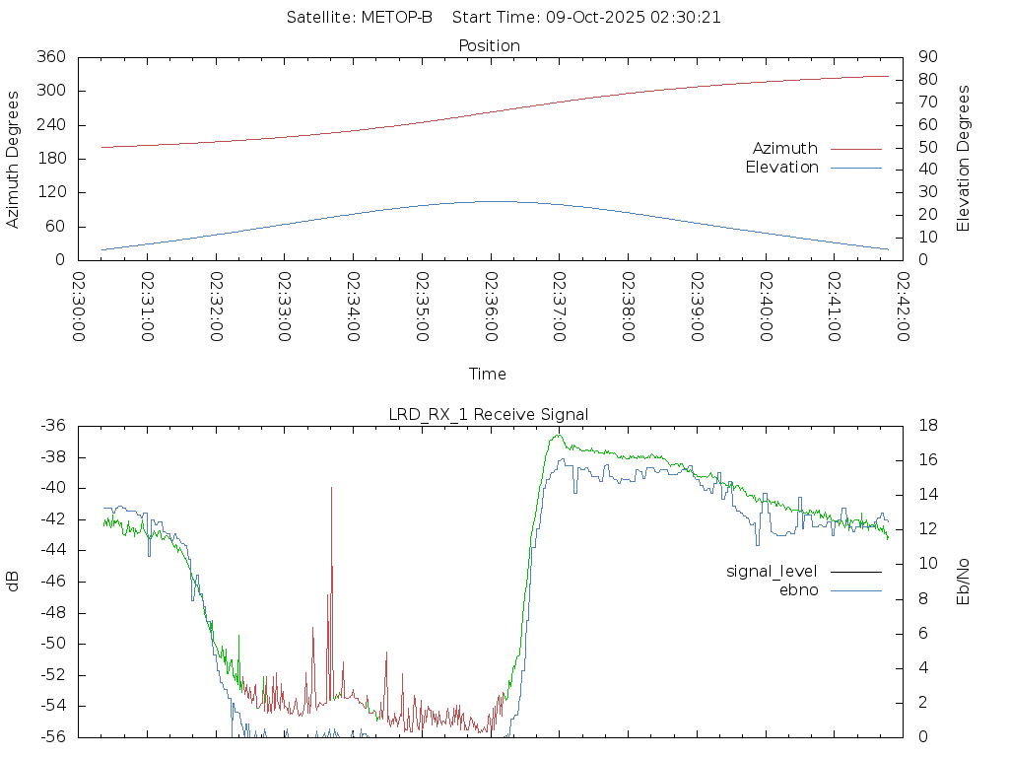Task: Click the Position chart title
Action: tap(490, 45)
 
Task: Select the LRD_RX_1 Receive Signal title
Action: tap(489, 414)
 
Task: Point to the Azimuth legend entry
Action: tap(785, 149)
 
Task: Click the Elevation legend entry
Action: tap(781, 168)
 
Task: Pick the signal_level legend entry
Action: tap(772, 571)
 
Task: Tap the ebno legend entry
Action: tap(799, 590)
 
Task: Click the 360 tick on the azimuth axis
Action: tap(50, 57)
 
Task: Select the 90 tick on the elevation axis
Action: tap(925, 57)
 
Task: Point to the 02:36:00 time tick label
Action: tap(491, 307)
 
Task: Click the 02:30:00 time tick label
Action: tap(79, 307)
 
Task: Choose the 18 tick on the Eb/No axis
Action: tap(927, 426)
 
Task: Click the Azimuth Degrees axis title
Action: tap(14, 159)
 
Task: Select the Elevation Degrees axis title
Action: tap(965, 159)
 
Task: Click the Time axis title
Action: tap(488, 375)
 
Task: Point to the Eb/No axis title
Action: tap(965, 582)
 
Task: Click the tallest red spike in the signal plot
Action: tap(331, 489)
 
